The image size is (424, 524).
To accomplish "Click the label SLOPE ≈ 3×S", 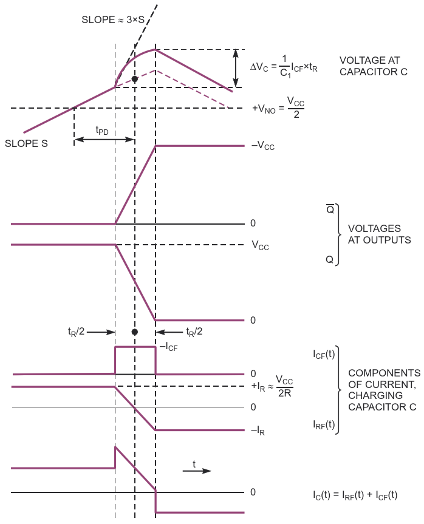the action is click(113, 19).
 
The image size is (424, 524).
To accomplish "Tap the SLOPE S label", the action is click(26, 144).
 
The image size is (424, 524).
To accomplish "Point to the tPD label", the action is click(102, 131).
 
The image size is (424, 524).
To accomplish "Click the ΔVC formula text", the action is click(284, 67).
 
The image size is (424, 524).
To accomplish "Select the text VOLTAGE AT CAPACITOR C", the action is click(374, 66).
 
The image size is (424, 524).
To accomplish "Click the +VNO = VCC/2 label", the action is click(278, 107).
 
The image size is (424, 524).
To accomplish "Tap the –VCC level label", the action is click(263, 146).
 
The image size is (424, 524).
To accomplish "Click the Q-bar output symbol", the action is click(330, 209).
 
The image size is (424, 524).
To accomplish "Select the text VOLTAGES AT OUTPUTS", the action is click(379, 234).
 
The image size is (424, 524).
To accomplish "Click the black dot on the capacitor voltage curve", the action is click(135, 79).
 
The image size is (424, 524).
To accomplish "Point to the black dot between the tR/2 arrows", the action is click(135, 332).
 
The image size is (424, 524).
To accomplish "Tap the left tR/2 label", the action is click(77, 332).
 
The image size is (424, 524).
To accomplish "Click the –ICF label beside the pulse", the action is click(168, 347).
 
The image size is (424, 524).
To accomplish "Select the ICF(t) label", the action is click(324, 354).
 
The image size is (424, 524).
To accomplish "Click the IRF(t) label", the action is click(324, 424).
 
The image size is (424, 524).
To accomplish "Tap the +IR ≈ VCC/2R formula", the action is click(272, 386).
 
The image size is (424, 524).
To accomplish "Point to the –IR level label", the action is click(258, 430).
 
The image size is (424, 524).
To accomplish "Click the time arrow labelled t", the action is click(197, 471).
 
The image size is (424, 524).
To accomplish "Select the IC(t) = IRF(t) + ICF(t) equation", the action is click(355, 495).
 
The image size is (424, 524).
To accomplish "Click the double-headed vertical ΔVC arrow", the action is click(236, 68).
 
